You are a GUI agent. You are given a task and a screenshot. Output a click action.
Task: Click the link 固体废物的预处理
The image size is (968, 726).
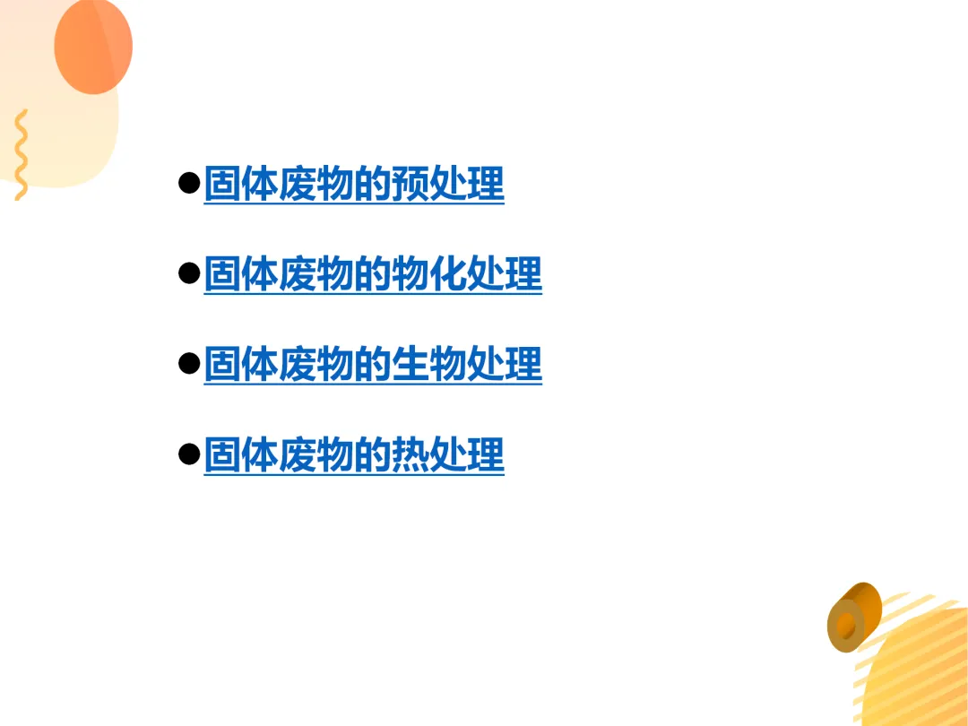354,184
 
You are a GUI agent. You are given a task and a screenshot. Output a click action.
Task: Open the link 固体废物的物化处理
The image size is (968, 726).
373,274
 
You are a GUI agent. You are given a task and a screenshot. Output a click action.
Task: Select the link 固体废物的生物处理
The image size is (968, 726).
373,365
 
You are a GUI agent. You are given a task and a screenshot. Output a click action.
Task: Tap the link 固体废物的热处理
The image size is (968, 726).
354,455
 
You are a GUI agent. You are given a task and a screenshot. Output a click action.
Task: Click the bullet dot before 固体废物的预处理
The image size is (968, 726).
188,184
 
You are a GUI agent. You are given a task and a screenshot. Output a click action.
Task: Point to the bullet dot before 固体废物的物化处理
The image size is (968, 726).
188,274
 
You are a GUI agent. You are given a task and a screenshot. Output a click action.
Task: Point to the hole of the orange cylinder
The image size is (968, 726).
845,625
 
